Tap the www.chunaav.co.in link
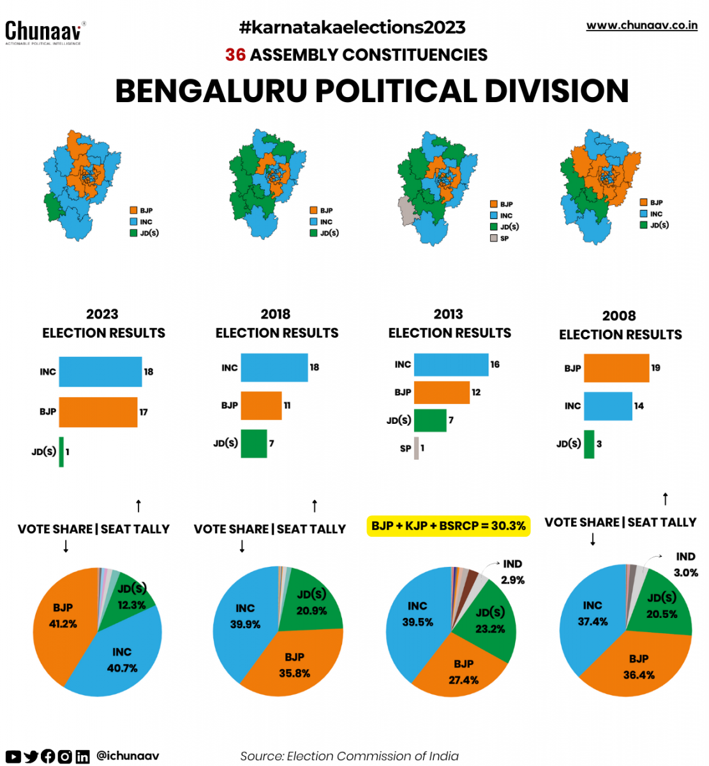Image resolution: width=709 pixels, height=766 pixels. pos(641,26)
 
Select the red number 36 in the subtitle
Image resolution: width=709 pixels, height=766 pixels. pos(235,55)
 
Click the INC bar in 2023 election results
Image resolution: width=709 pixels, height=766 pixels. pos(100,372)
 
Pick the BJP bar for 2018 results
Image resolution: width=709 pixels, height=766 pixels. pos(261,405)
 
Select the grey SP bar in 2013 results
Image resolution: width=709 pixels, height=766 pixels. pos(416,448)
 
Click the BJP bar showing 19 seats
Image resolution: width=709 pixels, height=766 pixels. pos(616,368)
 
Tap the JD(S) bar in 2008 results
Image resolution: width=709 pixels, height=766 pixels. pos(589,444)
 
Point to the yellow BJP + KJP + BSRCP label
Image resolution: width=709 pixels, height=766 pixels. pos(449,526)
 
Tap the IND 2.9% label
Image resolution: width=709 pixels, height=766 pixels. pos(512,572)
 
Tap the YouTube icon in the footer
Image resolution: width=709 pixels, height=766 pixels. pos(13,756)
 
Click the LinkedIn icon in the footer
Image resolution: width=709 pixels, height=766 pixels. pos(82,756)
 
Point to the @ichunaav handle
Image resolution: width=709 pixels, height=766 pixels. pos(128,756)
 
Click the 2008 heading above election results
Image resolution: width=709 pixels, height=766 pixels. pos(619,315)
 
